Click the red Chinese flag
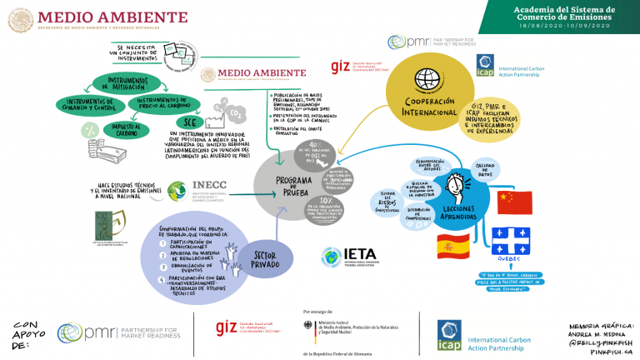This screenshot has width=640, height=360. pyautogui.click(x=514, y=202)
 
